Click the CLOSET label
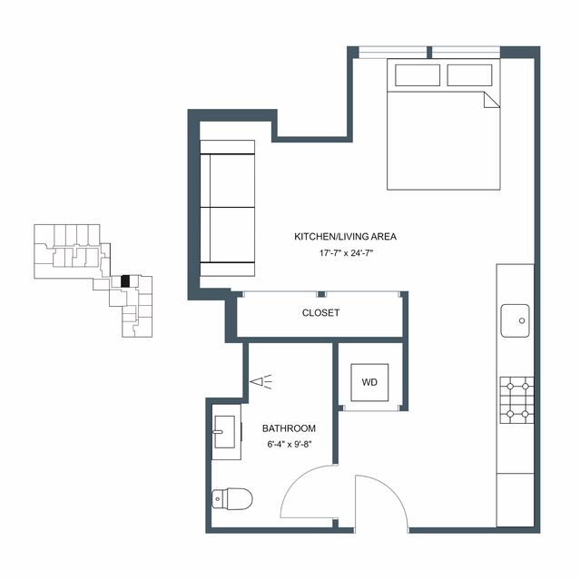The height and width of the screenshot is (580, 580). [x=320, y=313]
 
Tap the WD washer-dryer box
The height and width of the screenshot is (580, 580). [x=369, y=382]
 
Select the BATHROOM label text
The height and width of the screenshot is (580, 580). [x=289, y=428]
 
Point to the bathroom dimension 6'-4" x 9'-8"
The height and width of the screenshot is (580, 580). [x=290, y=444]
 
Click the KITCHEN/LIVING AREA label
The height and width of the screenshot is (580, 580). [x=345, y=236]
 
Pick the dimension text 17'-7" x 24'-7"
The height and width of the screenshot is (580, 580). [x=346, y=253]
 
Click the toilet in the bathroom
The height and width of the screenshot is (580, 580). [x=232, y=499]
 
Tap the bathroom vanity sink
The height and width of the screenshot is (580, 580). [x=224, y=432]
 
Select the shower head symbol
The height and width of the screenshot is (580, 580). [x=261, y=382]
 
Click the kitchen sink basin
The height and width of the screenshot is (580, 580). [x=515, y=320]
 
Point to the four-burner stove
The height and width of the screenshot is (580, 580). [x=516, y=400]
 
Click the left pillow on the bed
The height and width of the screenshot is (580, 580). [x=418, y=75]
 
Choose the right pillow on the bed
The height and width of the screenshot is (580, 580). [x=469, y=75]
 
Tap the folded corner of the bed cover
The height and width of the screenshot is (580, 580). [x=491, y=100]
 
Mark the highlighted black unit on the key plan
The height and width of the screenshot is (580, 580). [x=125, y=281]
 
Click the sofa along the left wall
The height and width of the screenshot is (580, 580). [x=227, y=208]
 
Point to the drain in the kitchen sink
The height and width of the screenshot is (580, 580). [x=522, y=320]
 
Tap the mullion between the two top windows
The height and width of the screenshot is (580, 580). [x=429, y=52]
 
